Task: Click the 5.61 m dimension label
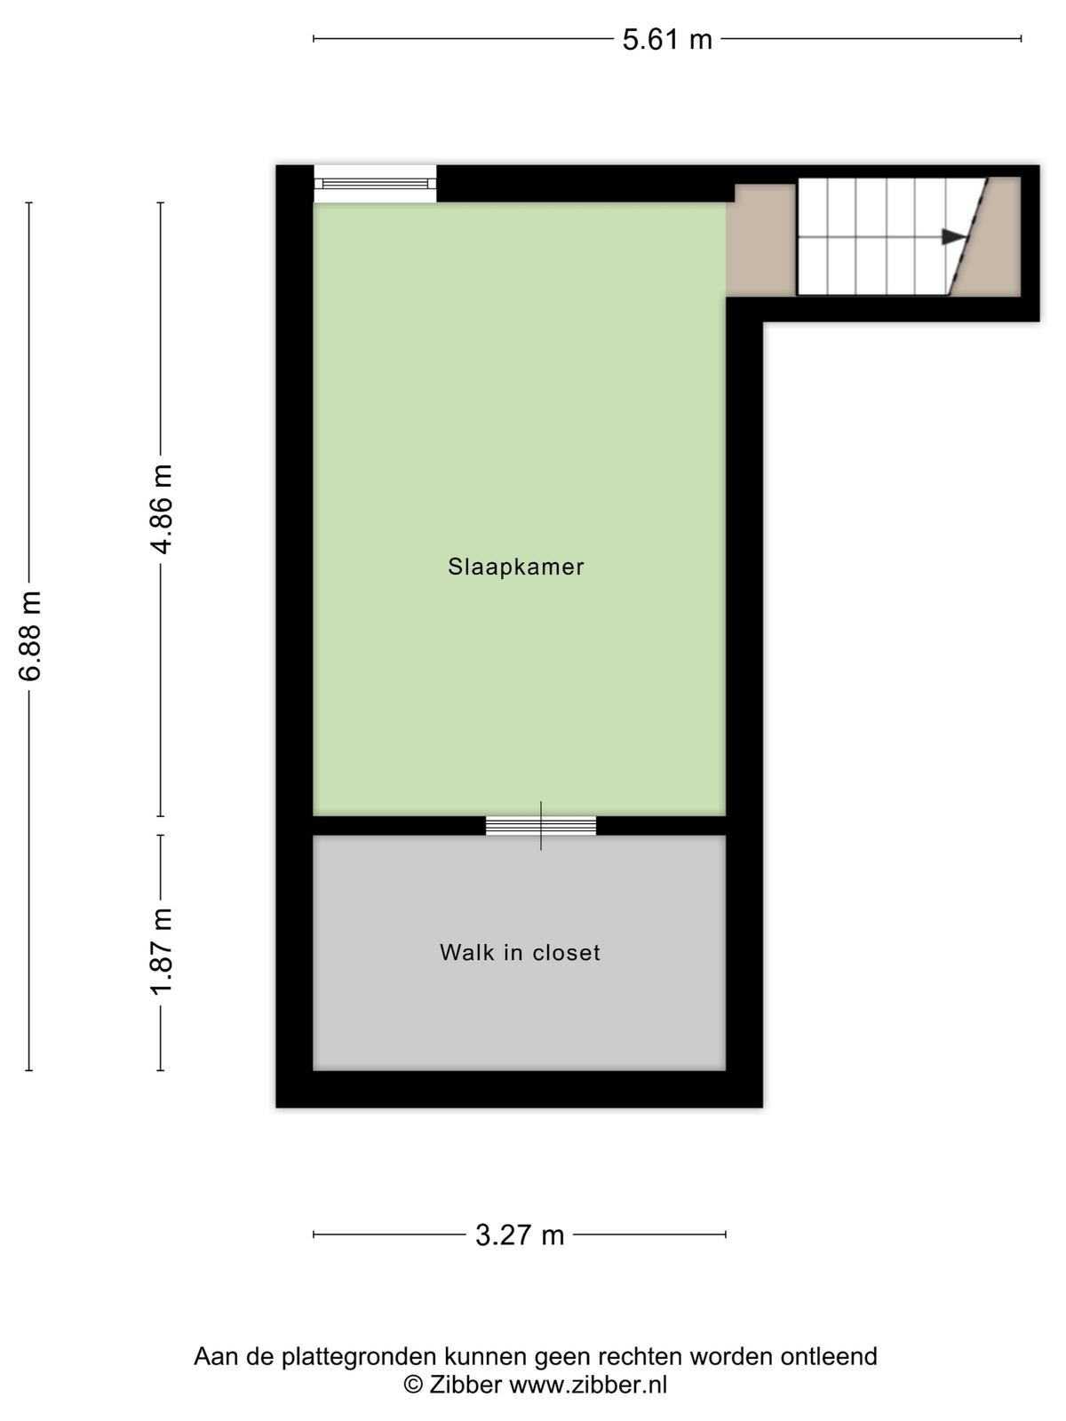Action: click(666, 40)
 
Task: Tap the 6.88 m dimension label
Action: click(30, 636)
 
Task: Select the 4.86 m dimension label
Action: click(162, 509)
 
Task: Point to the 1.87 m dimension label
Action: click(162, 952)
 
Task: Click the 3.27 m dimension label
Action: click(520, 1235)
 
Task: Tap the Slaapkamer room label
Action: click(516, 568)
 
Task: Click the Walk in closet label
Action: click(520, 952)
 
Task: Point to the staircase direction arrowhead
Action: click(953, 237)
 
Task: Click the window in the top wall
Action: click(375, 184)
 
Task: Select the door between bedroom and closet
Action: click(540, 825)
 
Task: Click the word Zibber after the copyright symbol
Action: click(465, 1385)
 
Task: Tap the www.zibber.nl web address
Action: click(588, 1385)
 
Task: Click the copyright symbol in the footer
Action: click(413, 1385)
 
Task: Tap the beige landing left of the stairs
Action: click(761, 240)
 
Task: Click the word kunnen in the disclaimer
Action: click(483, 1355)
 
